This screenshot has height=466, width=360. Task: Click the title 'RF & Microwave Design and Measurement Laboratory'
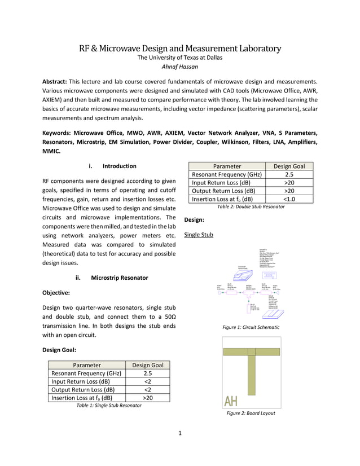[180, 48]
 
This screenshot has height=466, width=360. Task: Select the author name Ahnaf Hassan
[180, 67]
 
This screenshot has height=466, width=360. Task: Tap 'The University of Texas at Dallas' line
[180, 58]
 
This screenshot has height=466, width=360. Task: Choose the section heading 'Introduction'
[119, 166]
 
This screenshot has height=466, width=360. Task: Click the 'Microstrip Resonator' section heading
[120, 278]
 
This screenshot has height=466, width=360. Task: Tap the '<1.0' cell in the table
[289, 199]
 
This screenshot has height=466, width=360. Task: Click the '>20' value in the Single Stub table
[147, 398]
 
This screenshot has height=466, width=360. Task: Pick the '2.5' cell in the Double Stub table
[289, 175]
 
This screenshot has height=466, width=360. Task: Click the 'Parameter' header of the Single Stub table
[87, 365]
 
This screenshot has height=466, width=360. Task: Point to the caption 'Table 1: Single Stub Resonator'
[109, 406]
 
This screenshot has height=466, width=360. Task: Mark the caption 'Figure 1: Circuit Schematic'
[251, 327]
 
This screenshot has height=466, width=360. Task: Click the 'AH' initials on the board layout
[231, 401]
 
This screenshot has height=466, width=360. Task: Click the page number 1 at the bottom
[179, 433]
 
